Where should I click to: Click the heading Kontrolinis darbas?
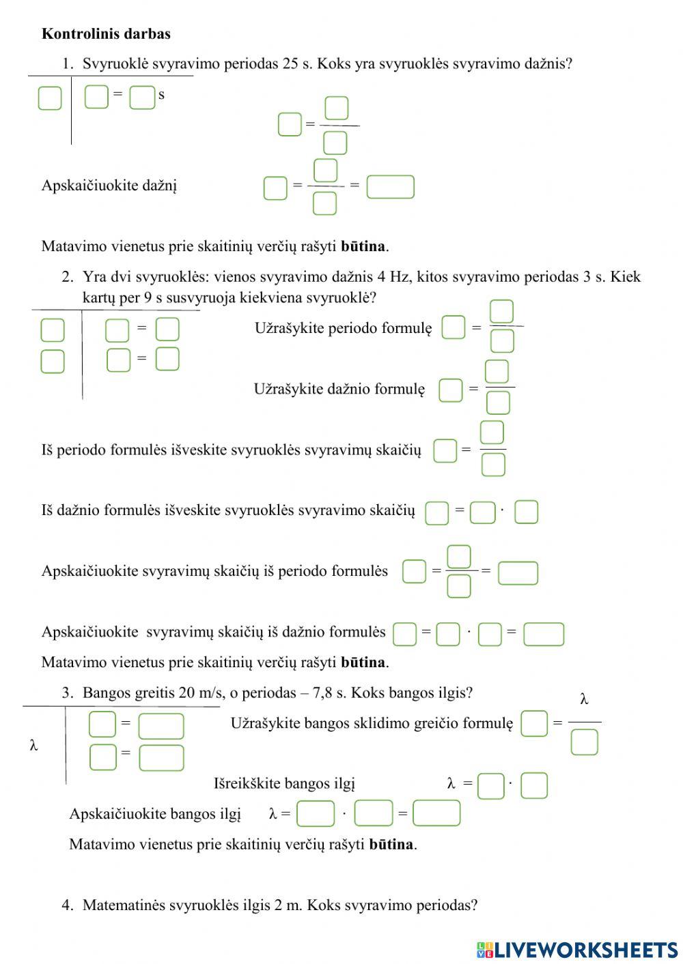point(106,33)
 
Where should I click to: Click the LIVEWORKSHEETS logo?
point(576,949)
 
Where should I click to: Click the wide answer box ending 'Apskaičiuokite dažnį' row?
point(390,186)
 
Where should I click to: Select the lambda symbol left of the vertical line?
point(33,745)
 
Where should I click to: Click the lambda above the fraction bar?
point(584,699)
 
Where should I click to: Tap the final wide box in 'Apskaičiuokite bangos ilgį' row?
point(436,813)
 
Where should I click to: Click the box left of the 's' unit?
point(142,97)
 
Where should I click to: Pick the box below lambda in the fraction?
point(584,742)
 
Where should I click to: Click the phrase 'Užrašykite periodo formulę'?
point(343,328)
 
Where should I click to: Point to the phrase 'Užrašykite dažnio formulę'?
point(339,389)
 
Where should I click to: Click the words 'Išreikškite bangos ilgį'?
point(284,783)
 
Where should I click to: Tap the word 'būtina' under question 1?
point(363,246)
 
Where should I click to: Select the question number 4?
point(67,905)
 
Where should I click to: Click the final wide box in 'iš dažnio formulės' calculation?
point(544,634)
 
